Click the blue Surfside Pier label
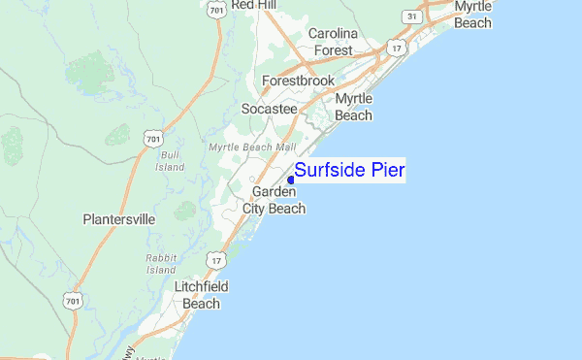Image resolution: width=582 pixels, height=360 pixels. (x=349, y=171)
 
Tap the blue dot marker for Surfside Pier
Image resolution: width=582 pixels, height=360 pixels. (x=291, y=179)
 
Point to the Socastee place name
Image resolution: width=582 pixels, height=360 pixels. (x=269, y=109)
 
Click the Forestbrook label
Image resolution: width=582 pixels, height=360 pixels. (x=298, y=82)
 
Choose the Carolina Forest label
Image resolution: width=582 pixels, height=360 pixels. (x=333, y=42)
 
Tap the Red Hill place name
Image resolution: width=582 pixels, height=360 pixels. (x=255, y=5)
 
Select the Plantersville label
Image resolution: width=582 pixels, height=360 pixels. (x=118, y=219)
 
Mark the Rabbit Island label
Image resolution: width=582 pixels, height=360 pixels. (x=159, y=264)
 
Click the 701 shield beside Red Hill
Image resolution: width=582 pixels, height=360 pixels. (x=216, y=10)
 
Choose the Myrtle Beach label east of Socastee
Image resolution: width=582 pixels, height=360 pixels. (x=353, y=108)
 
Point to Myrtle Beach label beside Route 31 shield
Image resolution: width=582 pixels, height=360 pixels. (x=472, y=15)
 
